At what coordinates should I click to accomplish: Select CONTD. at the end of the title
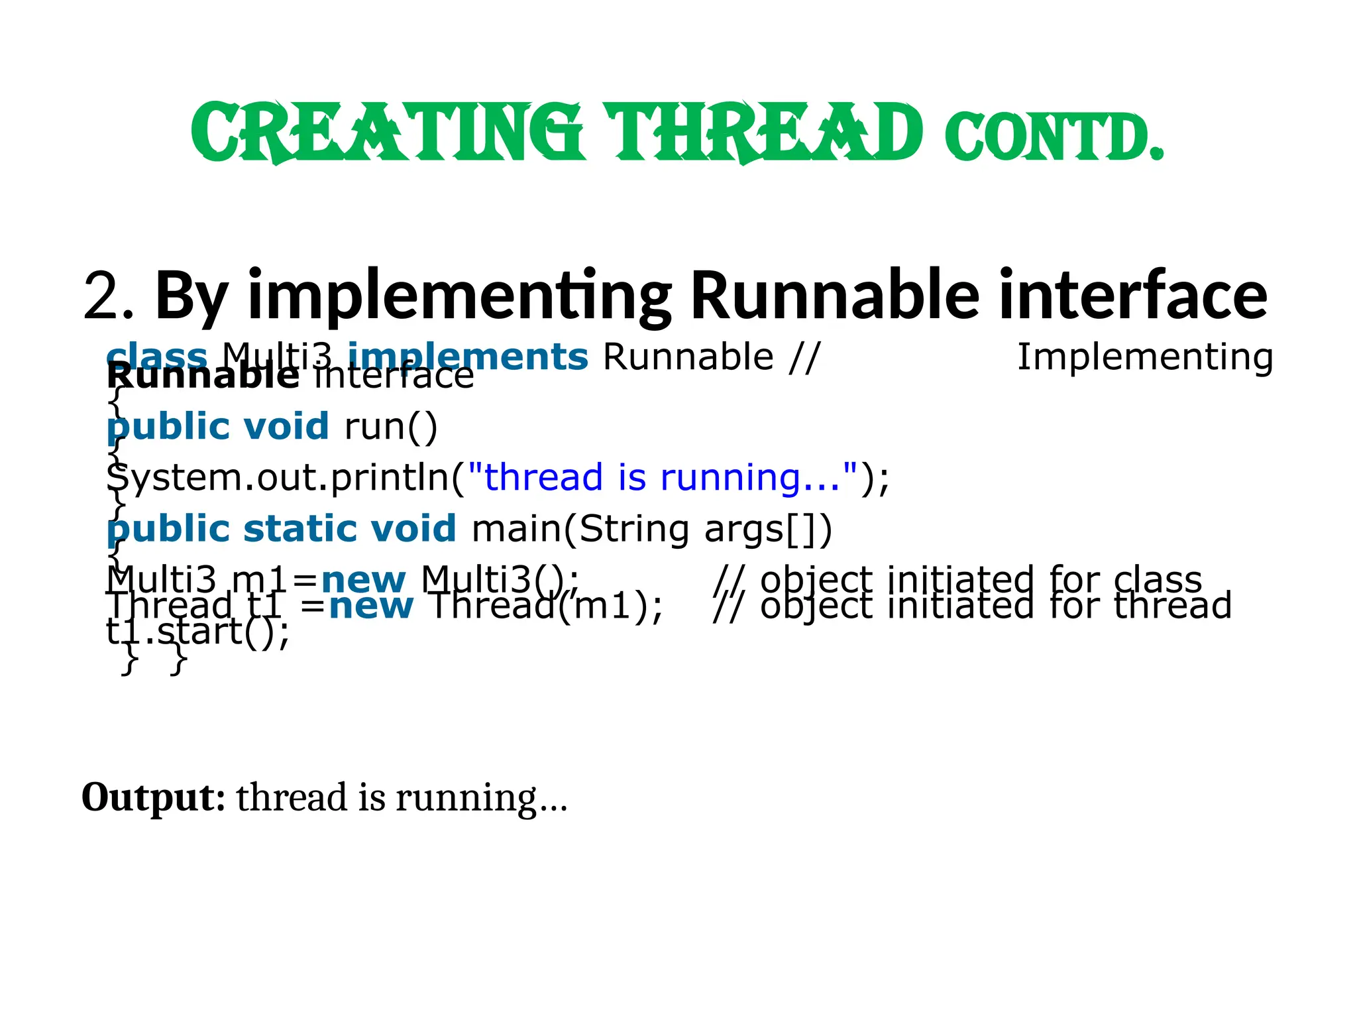(x=1054, y=138)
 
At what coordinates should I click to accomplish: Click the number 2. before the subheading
(x=109, y=296)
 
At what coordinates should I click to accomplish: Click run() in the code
(x=391, y=426)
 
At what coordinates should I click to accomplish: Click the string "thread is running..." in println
(x=663, y=477)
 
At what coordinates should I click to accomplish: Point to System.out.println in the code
(x=278, y=478)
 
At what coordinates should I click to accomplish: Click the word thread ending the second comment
(x=1172, y=606)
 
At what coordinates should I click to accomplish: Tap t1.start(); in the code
(x=197, y=632)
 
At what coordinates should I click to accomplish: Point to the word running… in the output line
(x=482, y=797)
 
